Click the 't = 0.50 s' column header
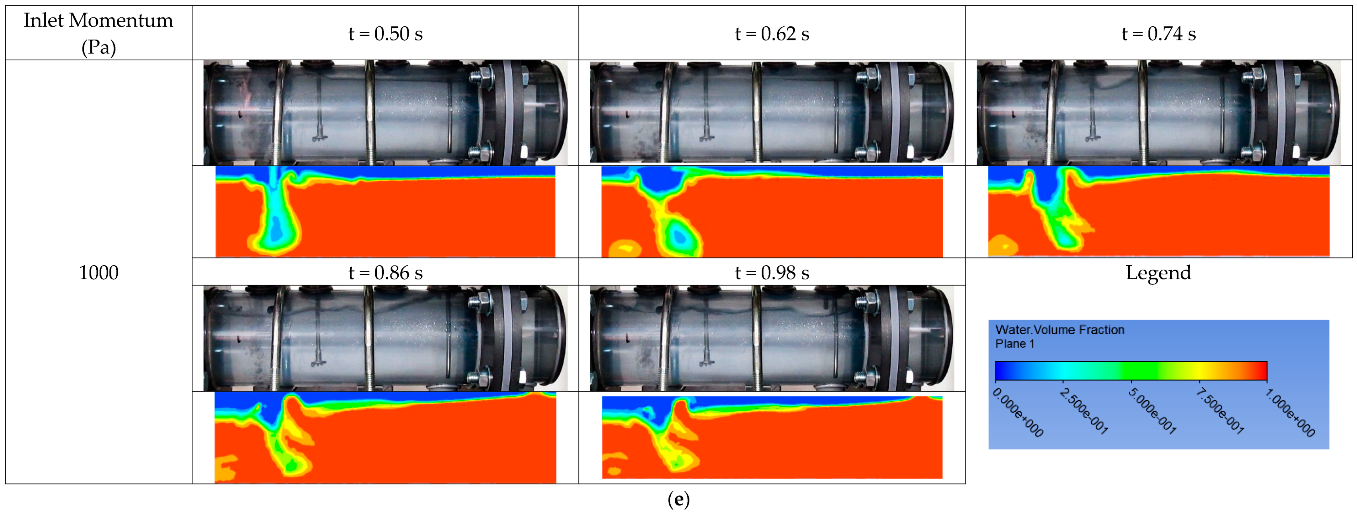[386, 34]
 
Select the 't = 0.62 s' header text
[772, 34]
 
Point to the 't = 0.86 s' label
[386, 273]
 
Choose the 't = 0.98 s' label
[772, 273]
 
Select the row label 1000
[98, 273]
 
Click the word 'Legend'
[1158, 273]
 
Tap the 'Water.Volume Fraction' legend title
[1060, 330]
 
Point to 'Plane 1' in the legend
[1014, 344]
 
